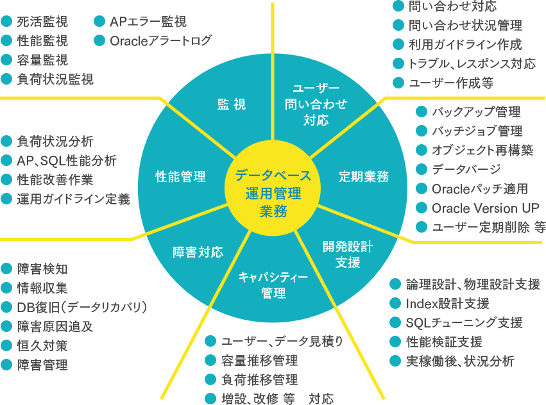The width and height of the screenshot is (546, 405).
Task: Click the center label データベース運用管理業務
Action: click(x=273, y=194)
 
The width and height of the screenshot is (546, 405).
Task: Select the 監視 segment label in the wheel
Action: click(x=232, y=104)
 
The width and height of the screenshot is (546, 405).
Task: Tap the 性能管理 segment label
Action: click(x=180, y=176)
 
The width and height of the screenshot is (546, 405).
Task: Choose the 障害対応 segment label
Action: click(x=198, y=252)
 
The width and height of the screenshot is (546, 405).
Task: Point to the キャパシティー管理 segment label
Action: click(x=273, y=285)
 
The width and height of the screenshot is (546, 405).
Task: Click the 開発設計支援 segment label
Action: click(x=348, y=254)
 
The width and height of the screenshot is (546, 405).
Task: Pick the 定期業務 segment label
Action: click(x=364, y=176)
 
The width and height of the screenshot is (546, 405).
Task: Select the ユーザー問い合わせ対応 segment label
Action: click(x=316, y=104)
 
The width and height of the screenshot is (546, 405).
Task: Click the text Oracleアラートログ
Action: click(x=160, y=41)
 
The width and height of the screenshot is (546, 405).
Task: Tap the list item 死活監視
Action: click(x=42, y=22)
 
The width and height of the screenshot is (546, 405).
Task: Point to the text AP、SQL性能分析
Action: click(x=67, y=160)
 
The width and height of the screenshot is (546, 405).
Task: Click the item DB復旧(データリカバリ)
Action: click(x=82, y=307)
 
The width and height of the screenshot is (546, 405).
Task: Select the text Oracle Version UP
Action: click(x=486, y=208)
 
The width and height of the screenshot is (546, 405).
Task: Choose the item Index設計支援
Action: click(x=447, y=304)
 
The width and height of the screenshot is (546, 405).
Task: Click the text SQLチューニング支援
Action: click(x=464, y=323)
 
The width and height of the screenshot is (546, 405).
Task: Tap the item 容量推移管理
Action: click(x=259, y=361)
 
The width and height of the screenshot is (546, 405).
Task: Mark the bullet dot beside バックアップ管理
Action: click(x=422, y=112)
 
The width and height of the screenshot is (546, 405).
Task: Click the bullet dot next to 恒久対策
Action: click(x=6, y=345)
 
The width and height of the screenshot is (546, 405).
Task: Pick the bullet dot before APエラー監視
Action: click(x=99, y=21)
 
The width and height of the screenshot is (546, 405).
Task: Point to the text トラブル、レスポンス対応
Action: click(x=472, y=63)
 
